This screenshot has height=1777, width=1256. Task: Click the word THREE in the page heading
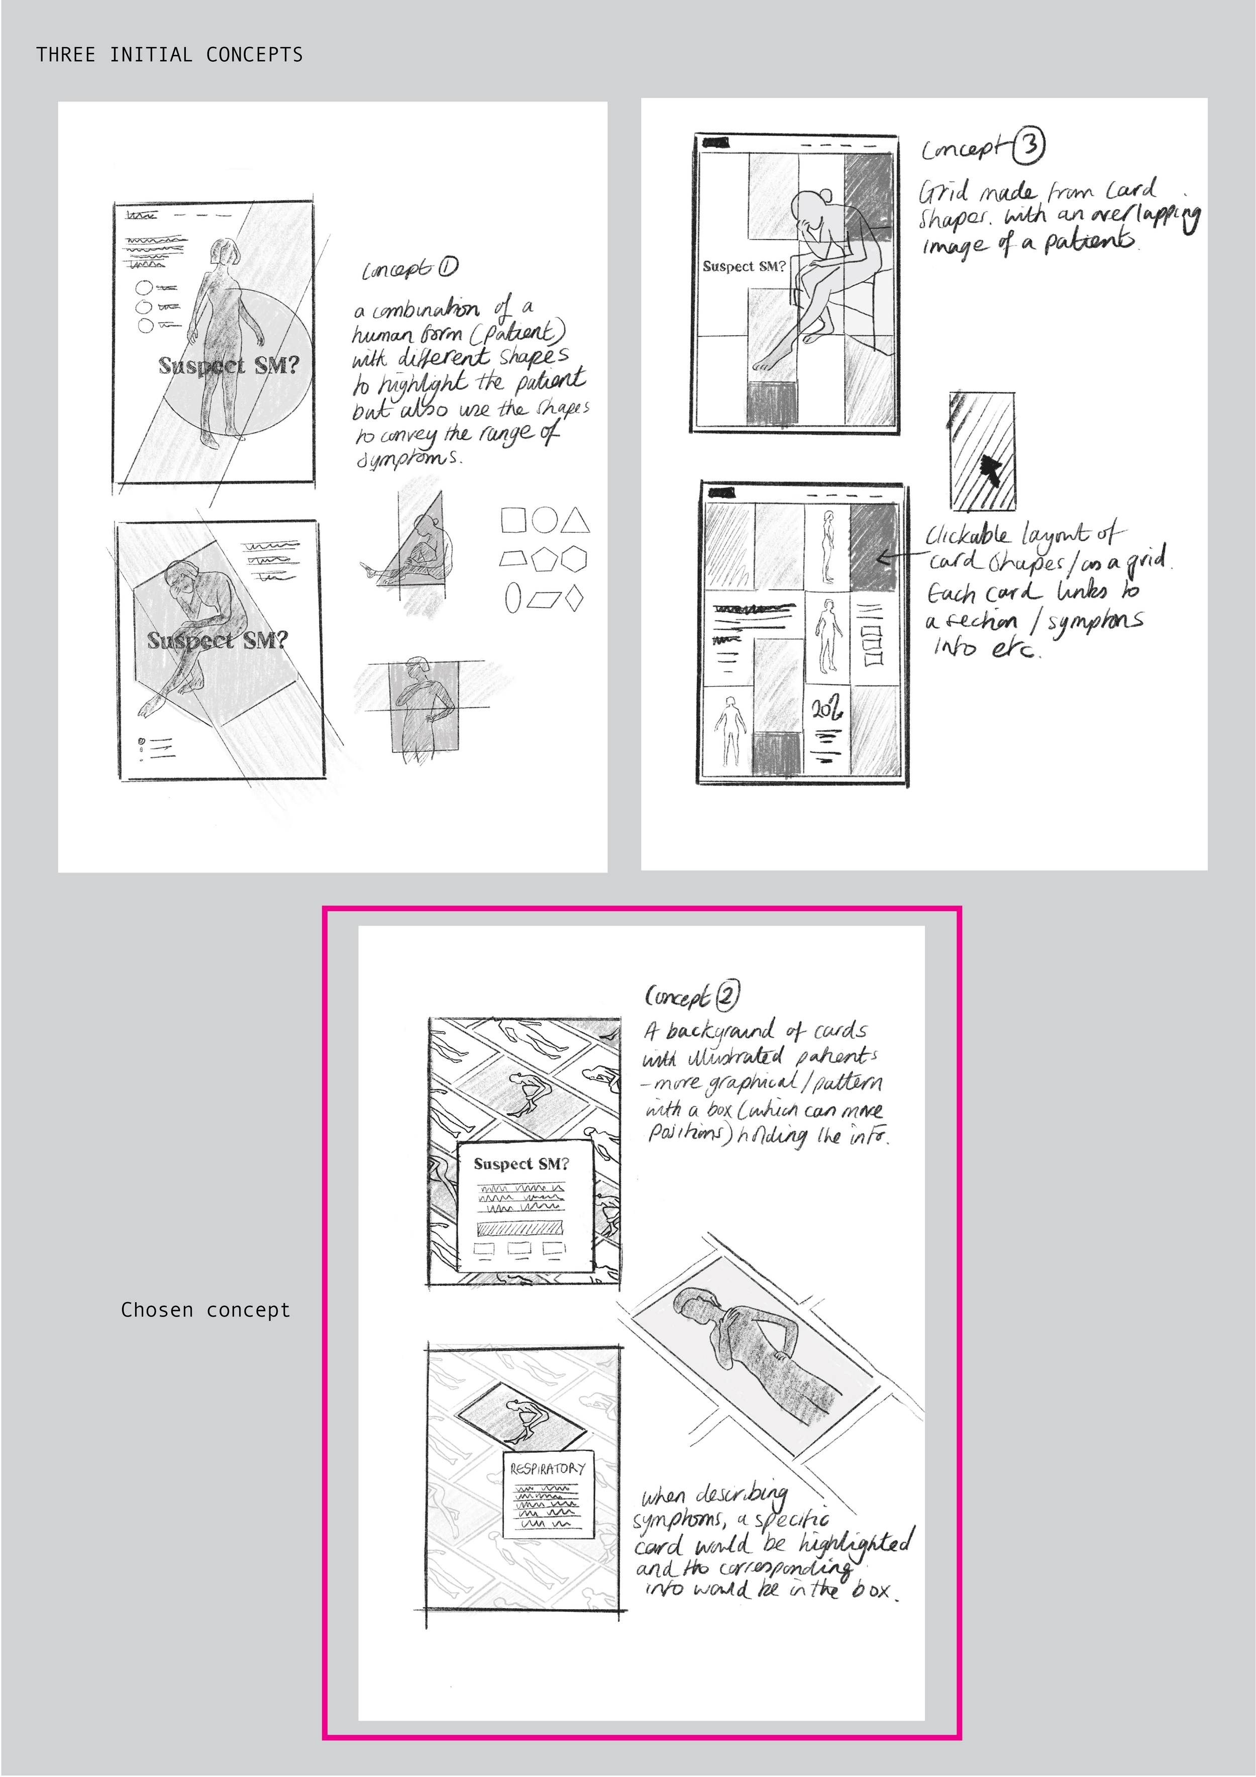point(66,55)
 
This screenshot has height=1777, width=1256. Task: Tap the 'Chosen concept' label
point(205,1310)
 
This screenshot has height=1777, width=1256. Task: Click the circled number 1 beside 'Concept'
point(448,267)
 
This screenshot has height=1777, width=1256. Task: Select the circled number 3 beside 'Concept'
point(1029,145)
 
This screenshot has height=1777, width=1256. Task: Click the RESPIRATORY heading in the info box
point(547,1468)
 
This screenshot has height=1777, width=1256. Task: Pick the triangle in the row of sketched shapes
point(575,520)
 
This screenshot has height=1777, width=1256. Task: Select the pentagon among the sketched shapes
point(542,559)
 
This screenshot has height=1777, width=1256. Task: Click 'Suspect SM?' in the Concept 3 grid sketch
point(743,266)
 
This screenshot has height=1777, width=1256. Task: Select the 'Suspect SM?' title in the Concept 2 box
point(521,1163)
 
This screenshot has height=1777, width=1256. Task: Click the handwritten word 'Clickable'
point(967,535)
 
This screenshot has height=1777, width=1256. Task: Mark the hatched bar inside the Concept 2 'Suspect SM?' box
point(519,1228)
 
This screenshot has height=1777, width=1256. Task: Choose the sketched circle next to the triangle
point(544,519)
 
